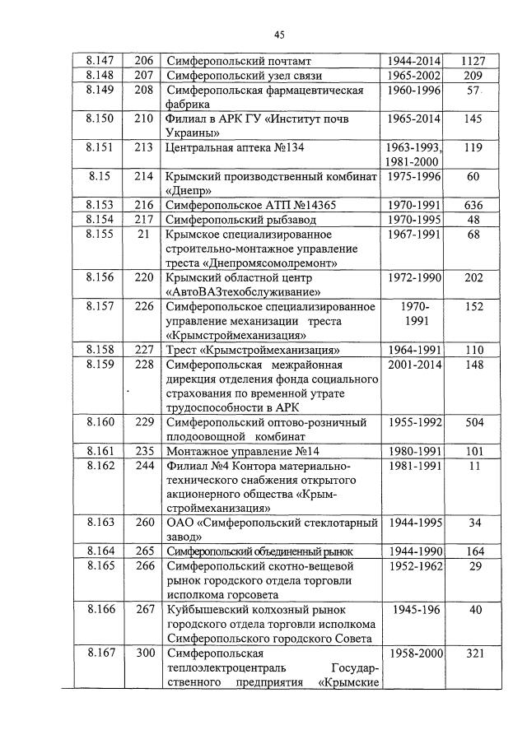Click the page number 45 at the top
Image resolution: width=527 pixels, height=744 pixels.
click(x=279, y=34)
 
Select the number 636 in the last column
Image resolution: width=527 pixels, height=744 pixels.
click(x=473, y=205)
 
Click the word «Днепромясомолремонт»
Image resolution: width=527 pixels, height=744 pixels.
click(x=262, y=263)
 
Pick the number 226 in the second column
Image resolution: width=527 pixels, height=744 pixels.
click(x=145, y=306)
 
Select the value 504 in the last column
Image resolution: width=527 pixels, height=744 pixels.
click(x=473, y=422)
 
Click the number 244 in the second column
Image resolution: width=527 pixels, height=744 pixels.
click(x=145, y=465)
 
